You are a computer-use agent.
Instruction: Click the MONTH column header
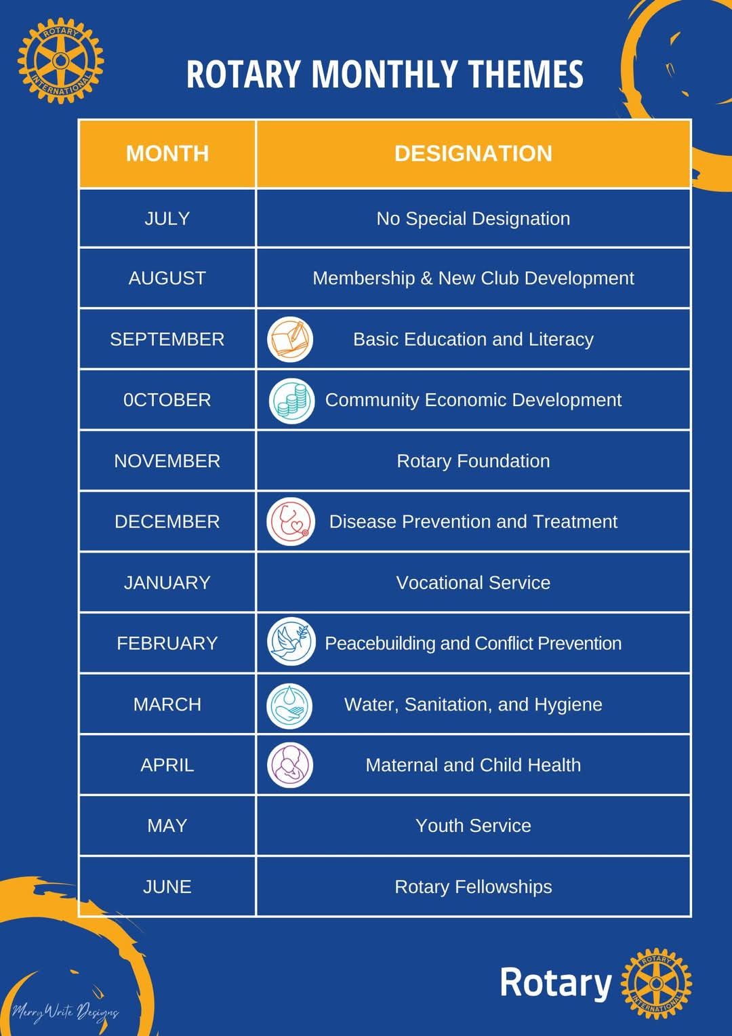pyautogui.click(x=167, y=153)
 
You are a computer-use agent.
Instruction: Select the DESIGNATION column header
pyautogui.click(x=473, y=153)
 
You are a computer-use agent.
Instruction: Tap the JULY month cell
pyautogui.click(x=167, y=218)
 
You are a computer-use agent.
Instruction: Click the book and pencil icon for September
pyautogui.click(x=290, y=339)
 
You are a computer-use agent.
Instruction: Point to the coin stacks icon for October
pyautogui.click(x=291, y=401)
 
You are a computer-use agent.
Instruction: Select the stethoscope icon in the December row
pyautogui.click(x=291, y=521)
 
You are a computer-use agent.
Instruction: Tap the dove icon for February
pyautogui.click(x=291, y=641)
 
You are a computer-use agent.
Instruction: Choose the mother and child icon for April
pyautogui.click(x=290, y=765)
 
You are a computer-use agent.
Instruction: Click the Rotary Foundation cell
pyautogui.click(x=473, y=461)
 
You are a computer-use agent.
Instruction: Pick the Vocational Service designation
pyautogui.click(x=473, y=583)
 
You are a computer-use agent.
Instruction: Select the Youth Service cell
pyautogui.click(x=473, y=826)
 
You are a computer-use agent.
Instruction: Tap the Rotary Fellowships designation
pyautogui.click(x=473, y=887)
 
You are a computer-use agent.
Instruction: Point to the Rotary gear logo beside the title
pyautogui.click(x=60, y=60)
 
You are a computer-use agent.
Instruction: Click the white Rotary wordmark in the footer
pyautogui.click(x=556, y=982)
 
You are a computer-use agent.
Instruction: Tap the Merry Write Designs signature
pyautogui.click(x=65, y=1012)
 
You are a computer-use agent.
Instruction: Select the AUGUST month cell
pyautogui.click(x=167, y=278)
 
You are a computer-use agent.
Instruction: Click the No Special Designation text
pyautogui.click(x=473, y=218)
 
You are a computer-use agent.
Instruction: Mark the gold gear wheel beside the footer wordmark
pyautogui.click(x=656, y=983)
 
